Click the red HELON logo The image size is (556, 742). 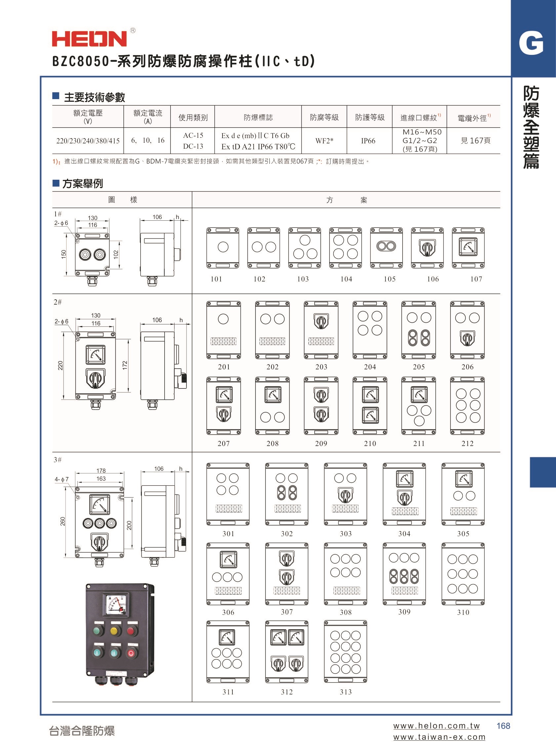tap(90, 39)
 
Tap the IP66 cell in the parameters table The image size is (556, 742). tap(368, 141)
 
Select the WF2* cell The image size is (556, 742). tap(324, 141)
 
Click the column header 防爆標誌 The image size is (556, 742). tap(258, 117)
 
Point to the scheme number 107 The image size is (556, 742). tap(476, 279)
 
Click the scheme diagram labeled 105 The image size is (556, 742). tap(386, 247)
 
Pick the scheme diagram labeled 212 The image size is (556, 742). tap(467, 406)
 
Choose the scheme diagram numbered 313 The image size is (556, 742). tap(346, 651)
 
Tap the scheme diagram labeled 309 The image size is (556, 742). tap(404, 574)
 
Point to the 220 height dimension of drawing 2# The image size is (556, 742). tap(60, 365)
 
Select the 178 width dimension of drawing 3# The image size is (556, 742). tap(101, 471)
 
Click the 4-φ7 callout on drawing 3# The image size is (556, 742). tap(61, 479)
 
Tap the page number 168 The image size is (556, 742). tap(503, 725)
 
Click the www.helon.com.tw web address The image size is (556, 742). tap(437, 725)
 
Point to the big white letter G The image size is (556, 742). tap(531, 43)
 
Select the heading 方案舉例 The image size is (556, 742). tap(83, 183)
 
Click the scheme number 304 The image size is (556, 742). tap(404, 534)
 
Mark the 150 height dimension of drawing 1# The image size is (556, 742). tap(64, 254)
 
